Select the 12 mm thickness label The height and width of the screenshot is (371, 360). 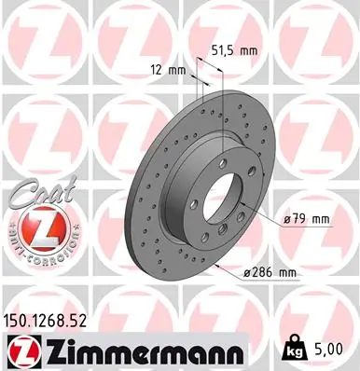[167, 69]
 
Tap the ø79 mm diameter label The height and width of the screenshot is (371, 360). [307, 220]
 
